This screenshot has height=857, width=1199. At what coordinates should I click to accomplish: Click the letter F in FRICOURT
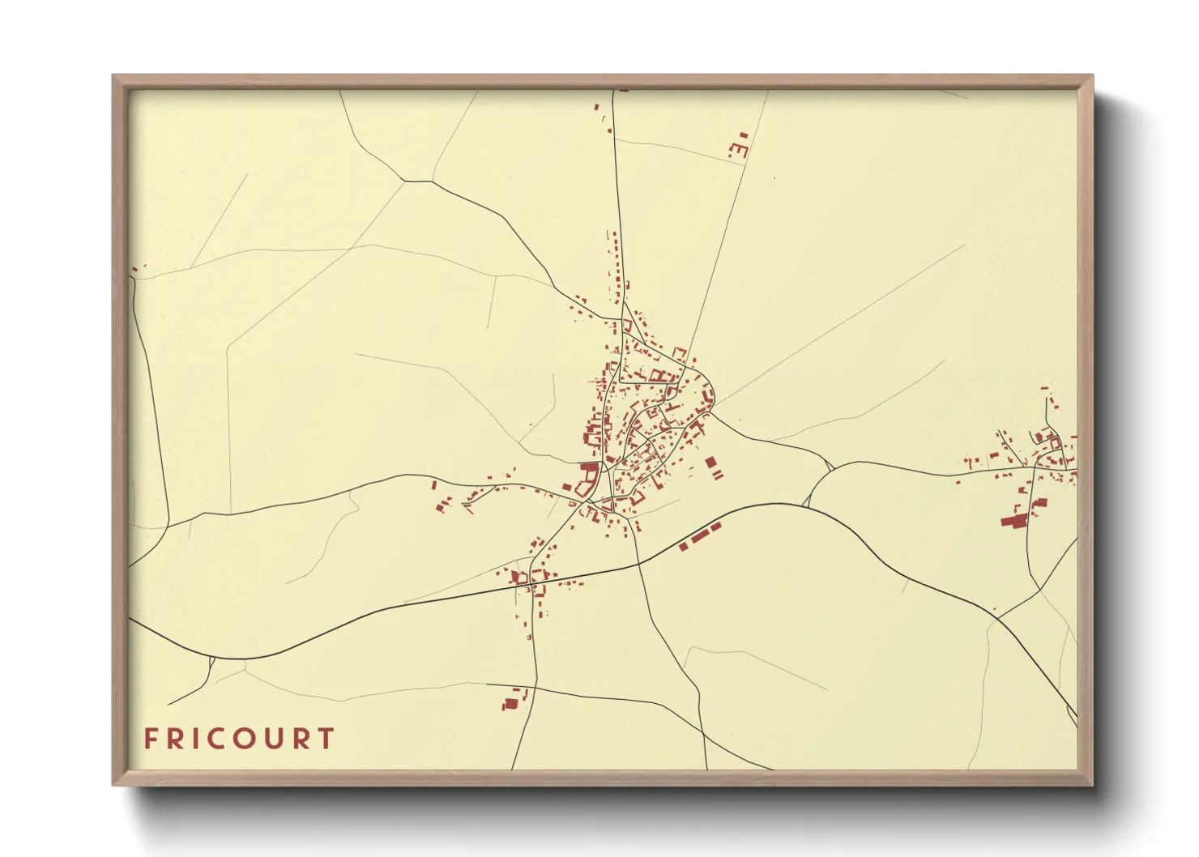pos(150,739)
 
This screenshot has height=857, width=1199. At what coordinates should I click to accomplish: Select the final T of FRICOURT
pos(326,739)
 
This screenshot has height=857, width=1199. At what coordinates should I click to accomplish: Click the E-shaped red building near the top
pos(739,150)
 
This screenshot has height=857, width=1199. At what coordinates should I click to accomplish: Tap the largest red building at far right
pos(1012,521)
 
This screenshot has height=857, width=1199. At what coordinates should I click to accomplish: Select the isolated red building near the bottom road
pos(510,703)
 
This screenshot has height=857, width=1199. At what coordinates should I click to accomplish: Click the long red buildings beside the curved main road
pos(699,536)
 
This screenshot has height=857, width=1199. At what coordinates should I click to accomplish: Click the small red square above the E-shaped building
pos(743,135)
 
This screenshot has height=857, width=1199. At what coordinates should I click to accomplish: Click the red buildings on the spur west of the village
pos(442,506)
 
